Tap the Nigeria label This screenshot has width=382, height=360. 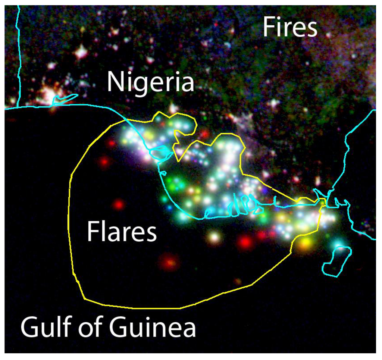pyautogui.click(x=150, y=83)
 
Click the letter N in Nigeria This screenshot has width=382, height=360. pyautogui.click(x=114, y=82)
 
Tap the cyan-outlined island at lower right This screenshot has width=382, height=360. pyautogui.click(x=337, y=261)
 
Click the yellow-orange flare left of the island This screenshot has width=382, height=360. pyautogui.click(x=305, y=243)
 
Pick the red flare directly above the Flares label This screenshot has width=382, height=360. pyautogui.click(x=118, y=204)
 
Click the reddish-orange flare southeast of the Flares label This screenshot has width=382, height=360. pyautogui.click(x=169, y=263)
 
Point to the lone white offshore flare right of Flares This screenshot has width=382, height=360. pyautogui.click(x=214, y=236)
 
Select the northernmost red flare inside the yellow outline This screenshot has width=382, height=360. pyautogui.click(x=111, y=143)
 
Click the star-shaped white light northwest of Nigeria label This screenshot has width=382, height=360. pyautogui.click(x=81, y=52)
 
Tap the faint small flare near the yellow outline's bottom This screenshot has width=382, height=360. pyautogui.click(x=238, y=281)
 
